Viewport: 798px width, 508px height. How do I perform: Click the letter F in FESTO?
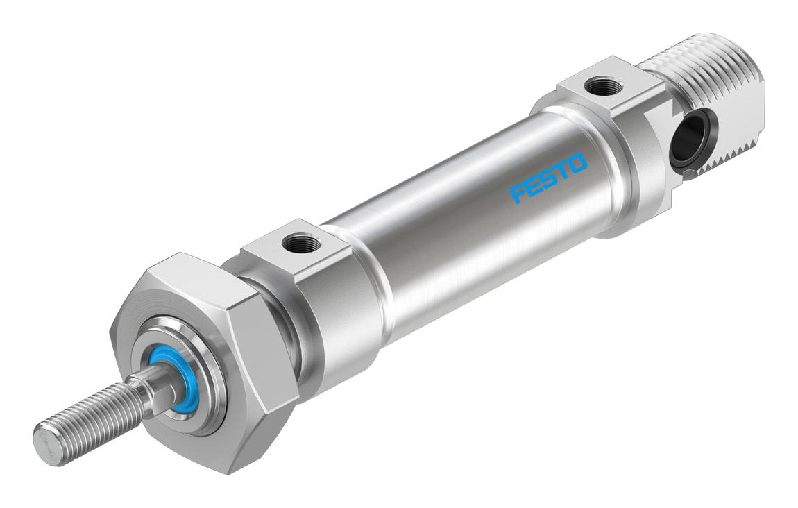click(x=518, y=194)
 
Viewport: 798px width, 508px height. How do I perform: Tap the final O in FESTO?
click(x=578, y=163)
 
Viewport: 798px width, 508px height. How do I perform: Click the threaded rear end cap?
click(x=713, y=102)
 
